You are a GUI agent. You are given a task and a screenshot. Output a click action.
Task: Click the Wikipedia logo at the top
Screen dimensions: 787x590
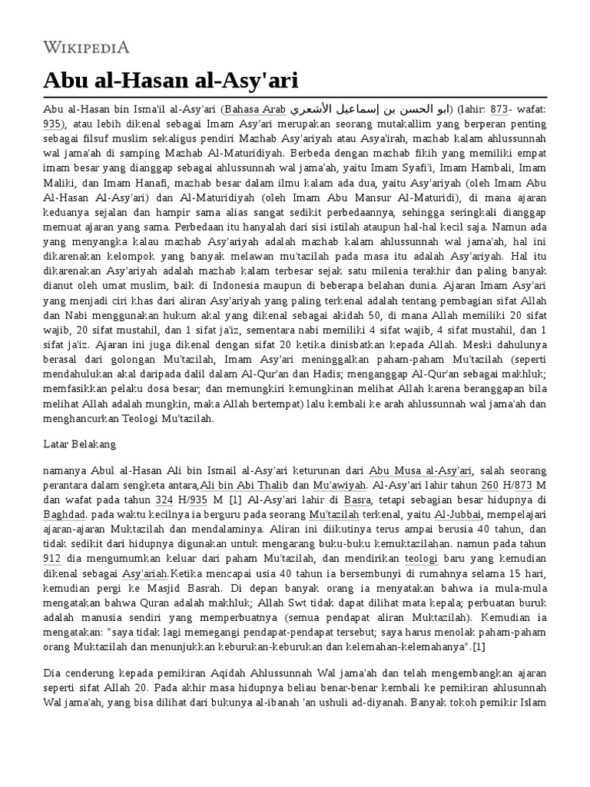(x=86, y=47)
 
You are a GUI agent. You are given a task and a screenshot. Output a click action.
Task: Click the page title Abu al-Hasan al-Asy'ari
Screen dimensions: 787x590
(x=171, y=80)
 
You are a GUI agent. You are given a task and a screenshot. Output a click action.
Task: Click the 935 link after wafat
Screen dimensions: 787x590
(x=53, y=123)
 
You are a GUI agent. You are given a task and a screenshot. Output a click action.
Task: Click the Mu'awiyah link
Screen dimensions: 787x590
(x=340, y=485)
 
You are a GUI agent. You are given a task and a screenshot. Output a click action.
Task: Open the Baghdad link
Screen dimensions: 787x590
(x=65, y=513)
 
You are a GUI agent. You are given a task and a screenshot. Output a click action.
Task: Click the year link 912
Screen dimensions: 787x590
(x=53, y=556)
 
